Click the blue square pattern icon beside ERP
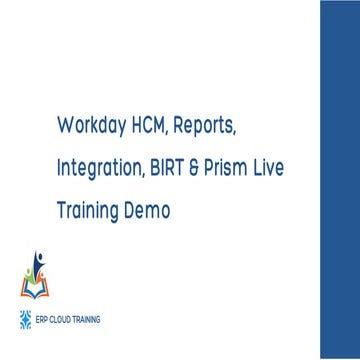pyautogui.click(x=25, y=320)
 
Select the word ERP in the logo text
pyautogui.click(x=42, y=320)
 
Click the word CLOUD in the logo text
pyautogui.click(x=61, y=320)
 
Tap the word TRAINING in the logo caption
pyautogui.click(x=87, y=320)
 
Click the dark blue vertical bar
pyautogui.click(x=339, y=180)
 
